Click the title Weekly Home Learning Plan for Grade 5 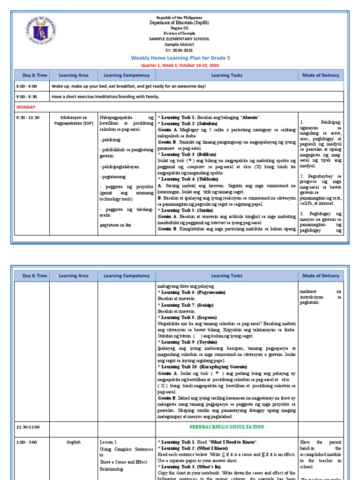pos(180,57)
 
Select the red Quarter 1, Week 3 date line pos(180,65)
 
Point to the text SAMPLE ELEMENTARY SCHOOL pos(180,39)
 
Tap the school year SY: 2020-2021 pos(180,50)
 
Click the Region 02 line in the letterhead pos(180,28)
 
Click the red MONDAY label pos(27,107)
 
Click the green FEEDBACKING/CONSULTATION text pos(226,427)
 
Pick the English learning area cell pos(74,442)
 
